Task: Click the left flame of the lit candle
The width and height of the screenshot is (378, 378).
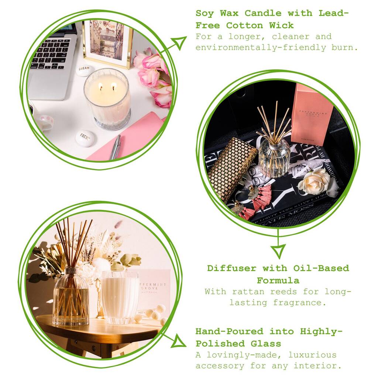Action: (101, 86)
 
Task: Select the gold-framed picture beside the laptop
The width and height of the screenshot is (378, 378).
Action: (107, 44)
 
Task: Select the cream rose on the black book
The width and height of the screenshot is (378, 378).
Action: (313, 182)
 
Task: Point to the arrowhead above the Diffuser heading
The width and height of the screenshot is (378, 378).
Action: (278, 251)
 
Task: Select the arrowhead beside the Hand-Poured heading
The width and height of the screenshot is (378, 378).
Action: (179, 341)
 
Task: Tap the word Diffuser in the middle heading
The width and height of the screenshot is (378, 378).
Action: (232, 268)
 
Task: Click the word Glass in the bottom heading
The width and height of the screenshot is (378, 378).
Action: (266, 344)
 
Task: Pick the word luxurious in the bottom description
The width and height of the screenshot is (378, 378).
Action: (312, 355)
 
